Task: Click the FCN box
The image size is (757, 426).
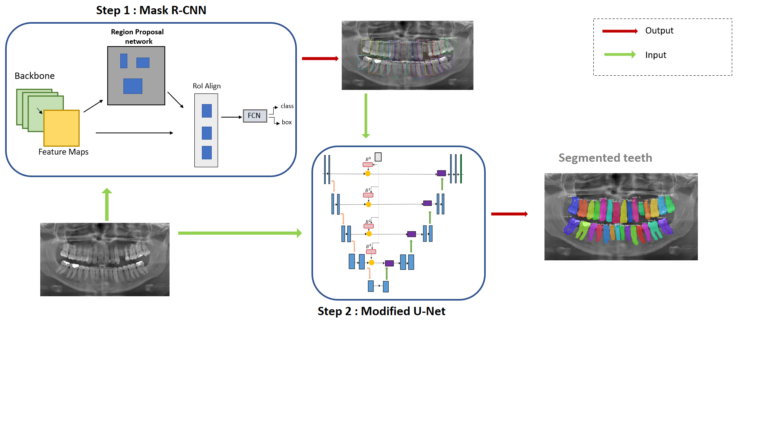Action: point(255,116)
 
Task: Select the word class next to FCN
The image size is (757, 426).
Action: point(287,106)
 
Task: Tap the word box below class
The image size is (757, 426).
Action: point(287,122)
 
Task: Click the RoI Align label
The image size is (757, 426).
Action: point(207,86)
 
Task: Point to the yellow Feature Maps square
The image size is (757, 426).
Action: point(62,128)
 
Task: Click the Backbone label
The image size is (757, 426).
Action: point(35,76)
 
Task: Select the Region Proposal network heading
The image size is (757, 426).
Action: point(137,36)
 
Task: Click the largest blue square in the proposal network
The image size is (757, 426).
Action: point(133,86)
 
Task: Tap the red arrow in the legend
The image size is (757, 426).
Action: point(620,31)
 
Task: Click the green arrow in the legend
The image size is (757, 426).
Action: point(620,54)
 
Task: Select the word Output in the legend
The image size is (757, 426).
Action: point(659,31)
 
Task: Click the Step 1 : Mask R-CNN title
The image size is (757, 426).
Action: point(151,10)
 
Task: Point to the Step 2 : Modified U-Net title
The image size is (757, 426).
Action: point(381,311)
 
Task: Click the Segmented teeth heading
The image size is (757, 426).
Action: point(605,158)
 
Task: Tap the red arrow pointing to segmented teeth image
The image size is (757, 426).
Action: point(509,214)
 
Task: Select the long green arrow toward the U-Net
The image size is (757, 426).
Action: point(240,233)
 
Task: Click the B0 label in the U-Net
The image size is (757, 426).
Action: point(368,159)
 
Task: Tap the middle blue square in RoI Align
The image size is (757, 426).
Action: point(207,133)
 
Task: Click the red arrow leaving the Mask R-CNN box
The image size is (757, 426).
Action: point(320,59)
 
